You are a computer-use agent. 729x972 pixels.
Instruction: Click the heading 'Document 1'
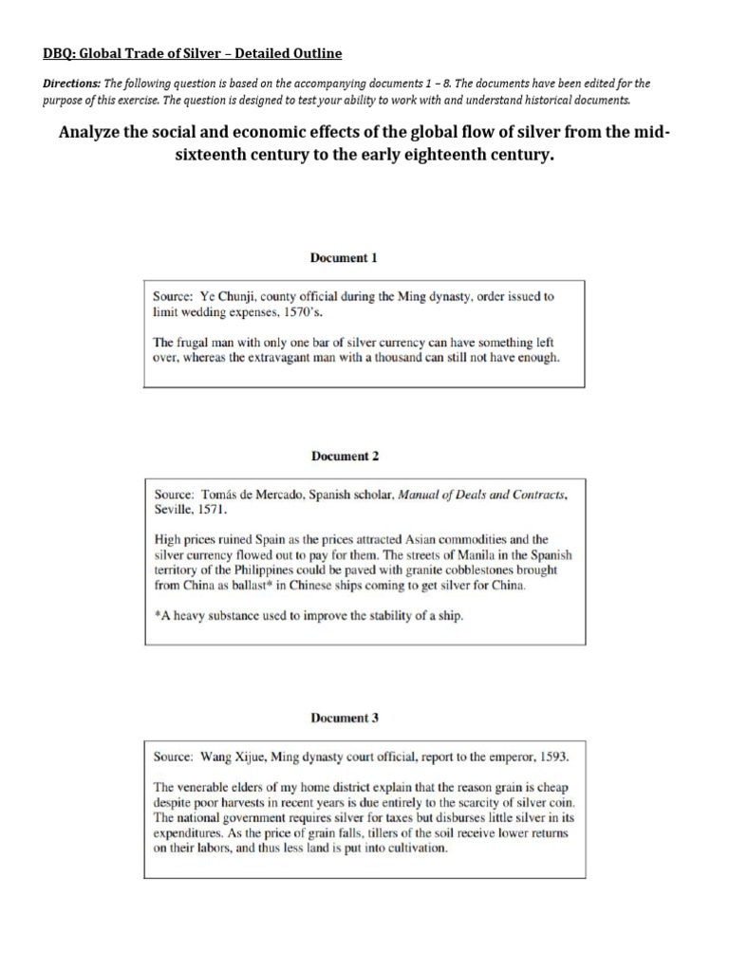click(x=345, y=257)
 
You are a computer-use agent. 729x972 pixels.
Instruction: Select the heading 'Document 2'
click(x=345, y=456)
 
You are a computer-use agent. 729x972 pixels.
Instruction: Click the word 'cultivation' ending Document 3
click(x=411, y=849)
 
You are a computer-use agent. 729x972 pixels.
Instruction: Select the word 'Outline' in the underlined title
click(x=318, y=53)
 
